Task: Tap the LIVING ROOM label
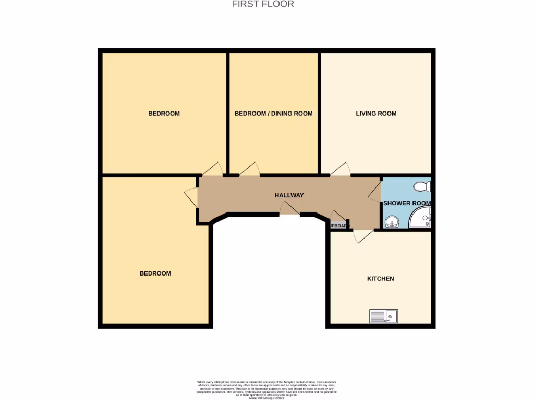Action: pos(376,113)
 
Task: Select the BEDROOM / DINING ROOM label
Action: pos(273,113)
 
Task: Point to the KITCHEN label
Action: pos(381,279)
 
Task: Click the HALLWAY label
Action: pos(289,195)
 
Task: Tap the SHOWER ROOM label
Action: pos(407,203)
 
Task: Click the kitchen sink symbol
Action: pos(384,316)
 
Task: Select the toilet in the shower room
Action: pos(421,186)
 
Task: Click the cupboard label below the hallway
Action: pos(338,226)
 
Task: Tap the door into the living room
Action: pos(341,169)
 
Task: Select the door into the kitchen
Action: pos(362,236)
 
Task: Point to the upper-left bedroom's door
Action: pos(213,169)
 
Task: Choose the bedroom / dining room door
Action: pos(250,169)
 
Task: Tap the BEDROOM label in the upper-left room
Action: pos(164,113)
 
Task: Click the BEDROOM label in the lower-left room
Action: pos(155,273)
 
